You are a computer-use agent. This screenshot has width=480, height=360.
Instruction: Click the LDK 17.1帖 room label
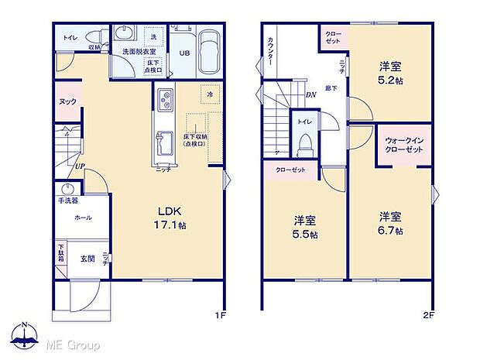click(x=173, y=218)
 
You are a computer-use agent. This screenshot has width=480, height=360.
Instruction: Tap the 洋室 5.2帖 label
click(x=389, y=73)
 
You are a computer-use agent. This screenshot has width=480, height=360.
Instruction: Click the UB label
click(x=185, y=53)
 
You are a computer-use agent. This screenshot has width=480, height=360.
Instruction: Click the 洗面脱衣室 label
click(x=139, y=51)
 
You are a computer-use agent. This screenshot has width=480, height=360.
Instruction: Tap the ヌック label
click(x=67, y=101)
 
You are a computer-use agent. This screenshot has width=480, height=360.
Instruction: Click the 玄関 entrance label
click(x=87, y=258)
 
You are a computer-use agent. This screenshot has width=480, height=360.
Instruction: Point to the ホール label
click(x=83, y=218)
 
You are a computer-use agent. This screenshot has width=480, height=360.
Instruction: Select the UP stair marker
click(x=80, y=165)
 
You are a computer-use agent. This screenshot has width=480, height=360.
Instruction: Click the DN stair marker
click(x=310, y=95)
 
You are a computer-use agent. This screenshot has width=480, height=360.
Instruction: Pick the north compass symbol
click(x=25, y=335)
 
